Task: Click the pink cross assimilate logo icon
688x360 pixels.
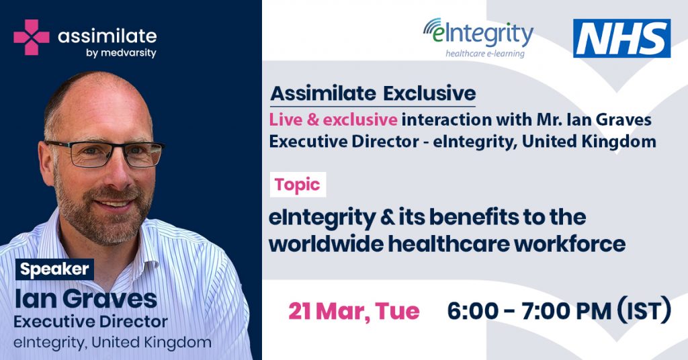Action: tap(32, 37)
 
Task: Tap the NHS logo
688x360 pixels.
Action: tap(621, 38)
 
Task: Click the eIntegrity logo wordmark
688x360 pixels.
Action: tap(478, 34)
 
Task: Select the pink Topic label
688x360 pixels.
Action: tap(298, 185)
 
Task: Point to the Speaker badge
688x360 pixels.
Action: tap(55, 269)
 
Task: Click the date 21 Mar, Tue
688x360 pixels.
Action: tap(353, 312)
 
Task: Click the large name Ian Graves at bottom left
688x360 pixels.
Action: tap(86, 299)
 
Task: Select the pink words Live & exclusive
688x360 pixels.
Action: tap(333, 120)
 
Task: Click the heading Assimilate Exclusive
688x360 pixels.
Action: tap(373, 93)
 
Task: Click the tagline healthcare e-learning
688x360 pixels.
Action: tap(485, 54)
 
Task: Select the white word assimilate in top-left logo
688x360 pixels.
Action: tap(107, 36)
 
